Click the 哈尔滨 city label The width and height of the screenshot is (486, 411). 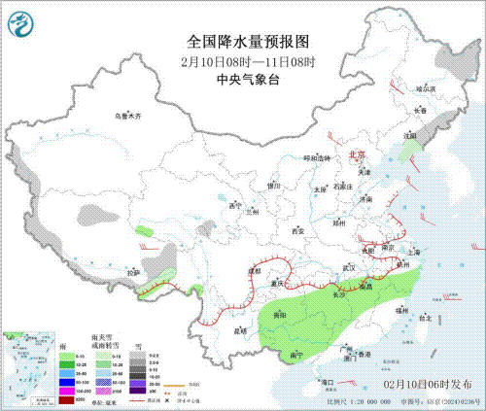426,88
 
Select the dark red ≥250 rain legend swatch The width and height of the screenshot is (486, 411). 67,398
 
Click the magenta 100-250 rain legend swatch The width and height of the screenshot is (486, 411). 67,390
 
